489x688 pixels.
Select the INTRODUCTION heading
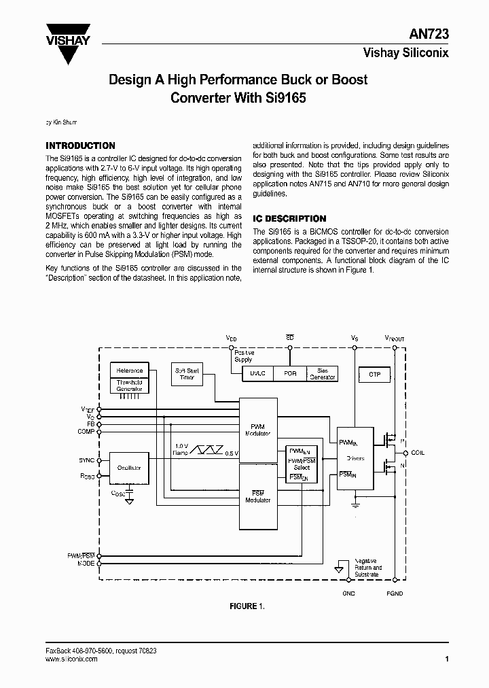click(80, 145)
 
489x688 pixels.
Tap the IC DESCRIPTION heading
click(289, 219)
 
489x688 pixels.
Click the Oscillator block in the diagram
click(128, 468)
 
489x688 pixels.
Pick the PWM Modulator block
click(257, 429)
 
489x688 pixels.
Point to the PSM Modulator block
click(257, 496)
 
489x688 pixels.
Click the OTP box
click(374, 374)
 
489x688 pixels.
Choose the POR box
click(290, 374)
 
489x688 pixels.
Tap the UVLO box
click(257, 374)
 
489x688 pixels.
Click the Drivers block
click(355, 458)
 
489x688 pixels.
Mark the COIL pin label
click(418, 453)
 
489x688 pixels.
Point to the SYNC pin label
click(87, 460)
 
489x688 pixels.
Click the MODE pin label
click(86, 564)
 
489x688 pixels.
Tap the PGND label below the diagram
click(394, 594)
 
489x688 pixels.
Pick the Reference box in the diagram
click(129, 371)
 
